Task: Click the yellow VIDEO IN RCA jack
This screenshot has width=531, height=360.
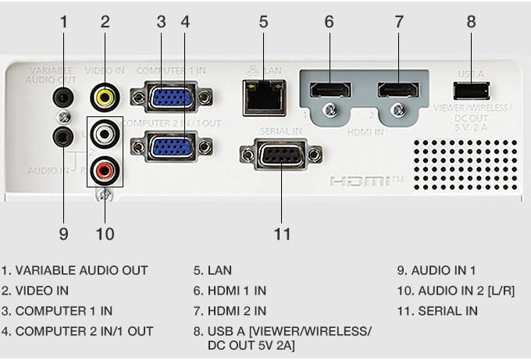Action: [102, 97]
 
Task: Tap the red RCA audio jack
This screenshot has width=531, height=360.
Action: [102, 166]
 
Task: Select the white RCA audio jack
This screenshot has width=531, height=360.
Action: [102, 133]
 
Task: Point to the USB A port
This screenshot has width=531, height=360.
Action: [471, 88]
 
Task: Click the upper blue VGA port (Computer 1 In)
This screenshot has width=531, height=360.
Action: [171, 98]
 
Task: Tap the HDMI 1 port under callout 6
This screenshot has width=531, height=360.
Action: [330, 87]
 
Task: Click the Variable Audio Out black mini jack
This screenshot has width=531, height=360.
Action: [61, 97]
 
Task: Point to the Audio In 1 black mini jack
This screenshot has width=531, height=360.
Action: [61, 137]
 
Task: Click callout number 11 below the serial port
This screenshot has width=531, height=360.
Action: [282, 233]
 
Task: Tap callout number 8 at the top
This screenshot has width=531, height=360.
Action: [471, 21]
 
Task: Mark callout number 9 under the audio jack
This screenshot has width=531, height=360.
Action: [63, 233]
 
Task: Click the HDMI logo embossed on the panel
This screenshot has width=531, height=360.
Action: [365, 182]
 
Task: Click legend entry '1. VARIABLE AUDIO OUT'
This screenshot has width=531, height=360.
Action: [75, 271]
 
